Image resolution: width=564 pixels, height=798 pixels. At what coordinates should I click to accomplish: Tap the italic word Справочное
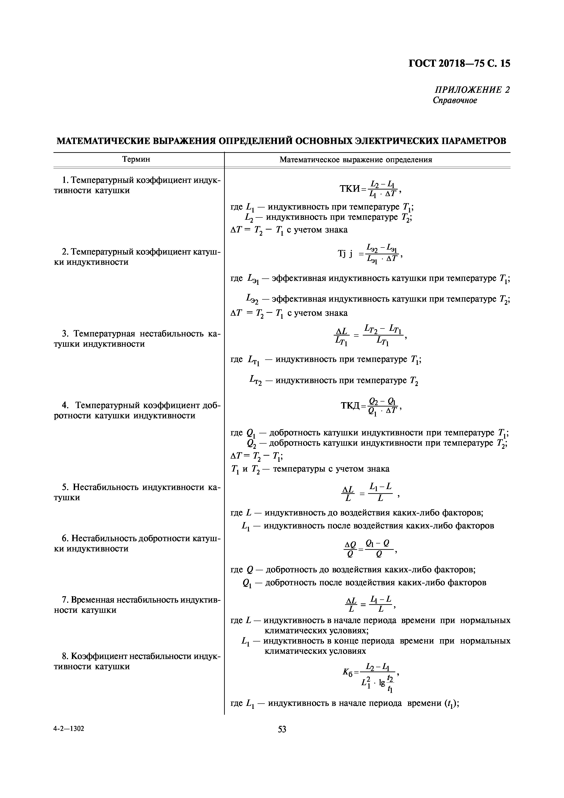(x=455, y=101)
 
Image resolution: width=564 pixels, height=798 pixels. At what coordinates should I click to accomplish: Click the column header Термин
(x=136, y=159)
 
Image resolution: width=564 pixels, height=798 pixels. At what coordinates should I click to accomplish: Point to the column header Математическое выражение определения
(x=356, y=160)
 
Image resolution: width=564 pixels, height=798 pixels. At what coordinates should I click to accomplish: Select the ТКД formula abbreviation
(x=350, y=406)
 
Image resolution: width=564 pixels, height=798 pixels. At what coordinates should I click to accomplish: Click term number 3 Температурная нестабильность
(x=137, y=339)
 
